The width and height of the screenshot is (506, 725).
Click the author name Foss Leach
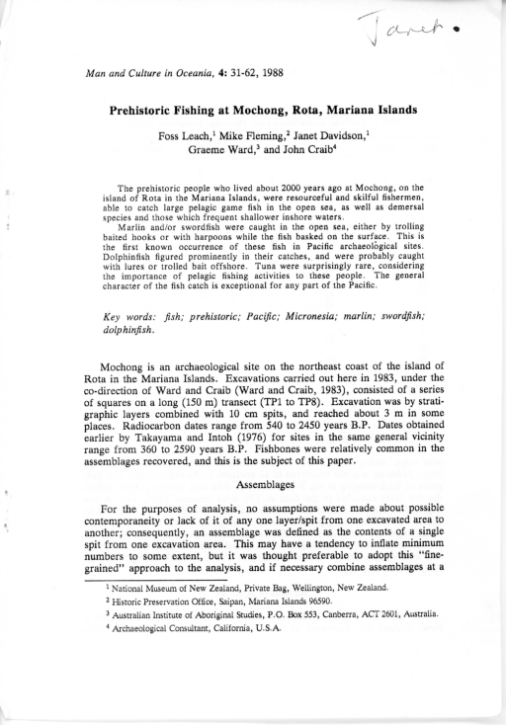tap(187, 134)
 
